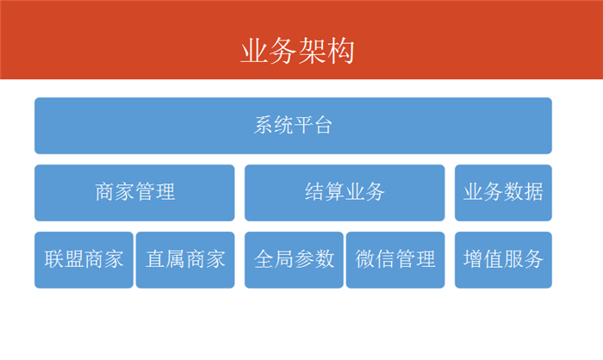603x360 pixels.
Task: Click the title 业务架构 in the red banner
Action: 297,51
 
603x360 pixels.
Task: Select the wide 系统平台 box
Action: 293,126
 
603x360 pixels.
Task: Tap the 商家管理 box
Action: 134,193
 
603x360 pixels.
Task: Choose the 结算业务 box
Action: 345,193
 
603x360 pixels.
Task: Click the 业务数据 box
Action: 503,193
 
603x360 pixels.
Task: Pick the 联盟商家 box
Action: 84,259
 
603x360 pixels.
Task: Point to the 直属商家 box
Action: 185,259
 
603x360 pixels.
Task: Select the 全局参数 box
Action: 294,259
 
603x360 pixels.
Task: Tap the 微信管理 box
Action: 395,259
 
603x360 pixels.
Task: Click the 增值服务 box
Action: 503,259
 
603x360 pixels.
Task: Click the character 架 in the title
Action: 312,51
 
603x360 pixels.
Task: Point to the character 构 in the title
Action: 340,51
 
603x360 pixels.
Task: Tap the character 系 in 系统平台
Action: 264,125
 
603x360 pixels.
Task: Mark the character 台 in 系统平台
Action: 323,125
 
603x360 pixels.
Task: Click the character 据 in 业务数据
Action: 533,191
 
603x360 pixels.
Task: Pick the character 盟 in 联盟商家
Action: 74,259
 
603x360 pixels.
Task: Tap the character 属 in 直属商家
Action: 176,259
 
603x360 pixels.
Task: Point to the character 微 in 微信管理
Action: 365,259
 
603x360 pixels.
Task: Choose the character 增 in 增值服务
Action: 473,259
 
